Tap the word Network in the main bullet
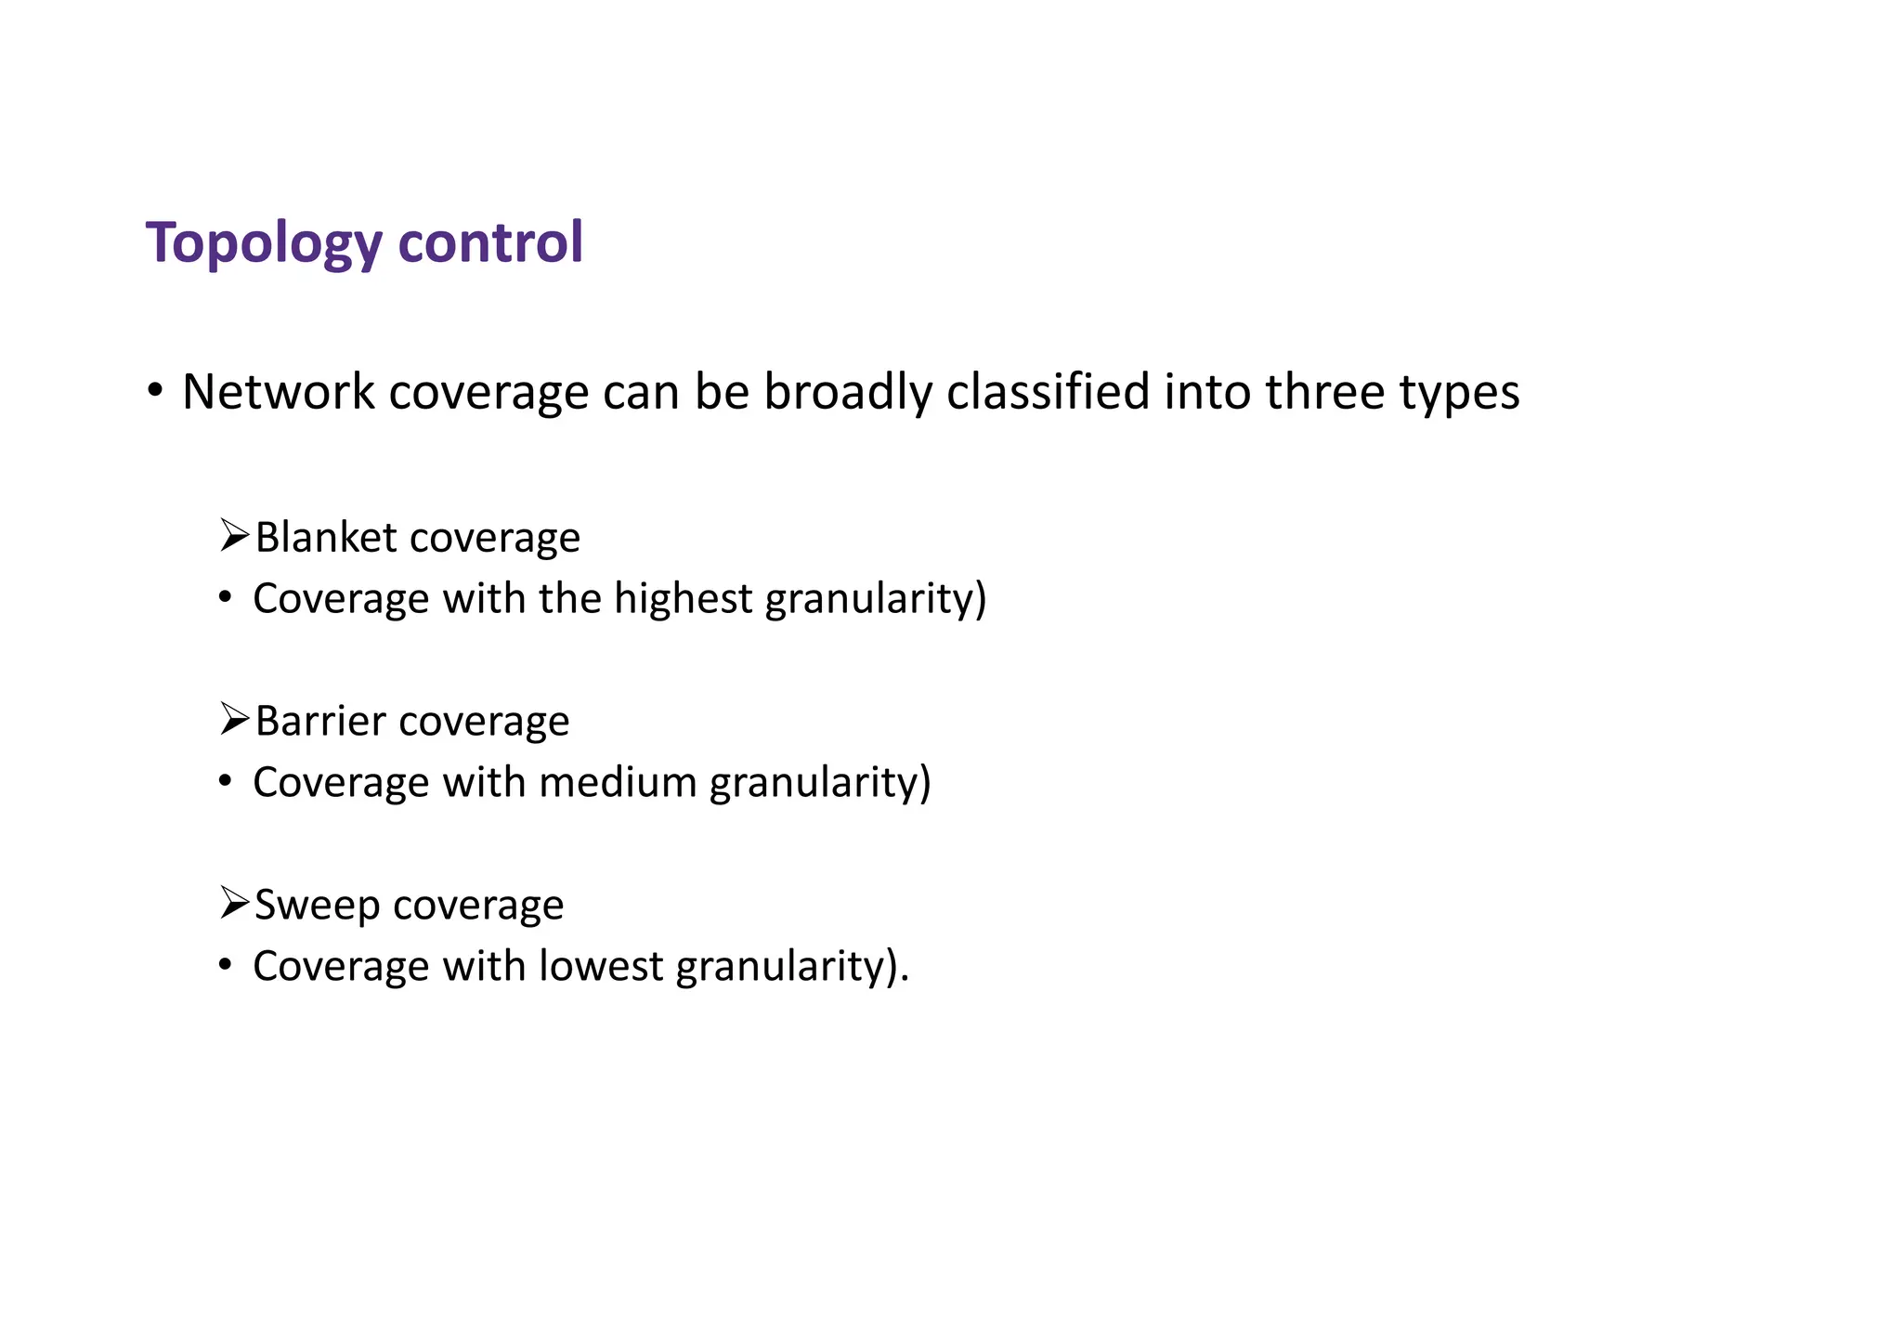[x=279, y=392]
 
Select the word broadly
[x=848, y=392]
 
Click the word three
[x=1325, y=392]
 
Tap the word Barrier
[x=319, y=722]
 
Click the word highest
[x=683, y=599]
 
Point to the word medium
[x=617, y=783]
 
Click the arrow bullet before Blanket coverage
[x=235, y=537]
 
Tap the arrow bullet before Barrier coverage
[x=235, y=721]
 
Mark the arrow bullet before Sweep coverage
[x=235, y=904]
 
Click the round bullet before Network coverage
[x=155, y=390]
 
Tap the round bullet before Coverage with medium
[x=224, y=781]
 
